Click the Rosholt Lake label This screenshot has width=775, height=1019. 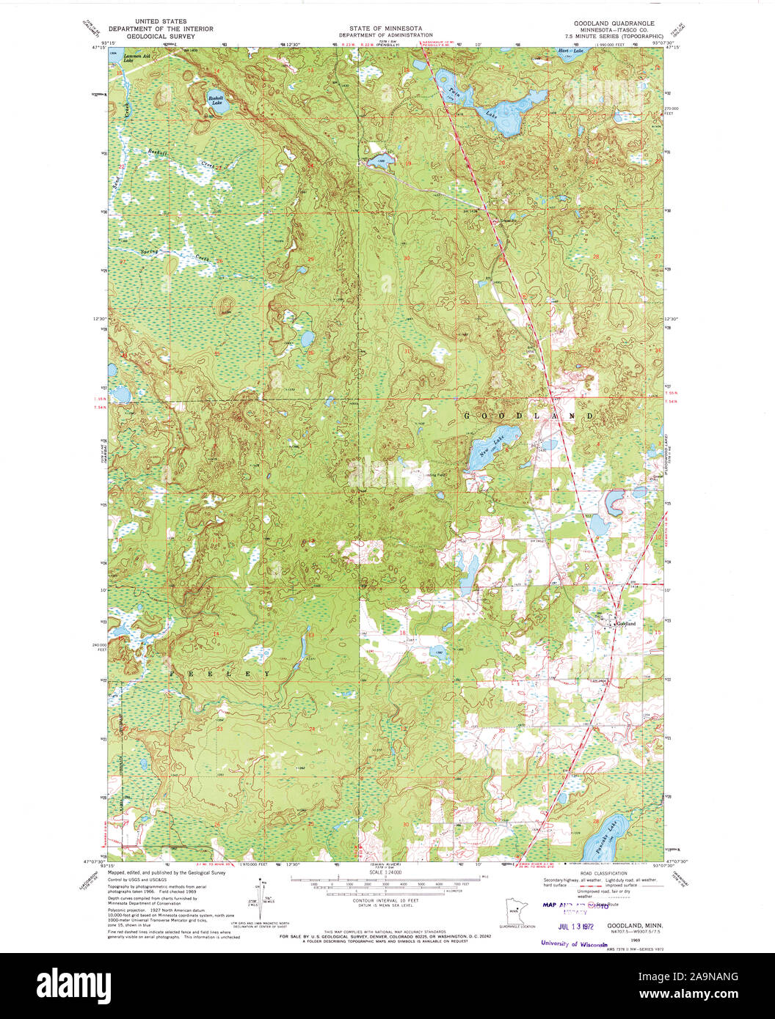pyautogui.click(x=216, y=100)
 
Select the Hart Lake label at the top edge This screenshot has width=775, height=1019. pyautogui.click(x=570, y=51)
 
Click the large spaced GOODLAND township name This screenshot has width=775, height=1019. pyautogui.click(x=528, y=416)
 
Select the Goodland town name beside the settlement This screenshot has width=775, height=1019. pyautogui.click(x=625, y=624)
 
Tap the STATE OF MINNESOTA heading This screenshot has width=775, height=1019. pyautogui.click(x=385, y=29)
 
